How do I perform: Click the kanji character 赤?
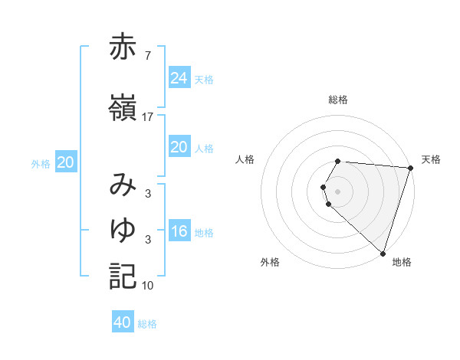pos(123,47)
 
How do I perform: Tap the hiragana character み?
pos(123,185)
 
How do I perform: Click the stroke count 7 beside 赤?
pos(147,56)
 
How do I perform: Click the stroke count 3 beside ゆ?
pos(147,240)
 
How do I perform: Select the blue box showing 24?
pos(179,77)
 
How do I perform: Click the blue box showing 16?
pos(179,231)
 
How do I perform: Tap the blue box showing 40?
pos(123,322)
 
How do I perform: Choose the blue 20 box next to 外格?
pos(66,162)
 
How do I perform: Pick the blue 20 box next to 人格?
pos(179,147)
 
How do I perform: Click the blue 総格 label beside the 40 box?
pos(148,324)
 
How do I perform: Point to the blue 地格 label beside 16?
pos(205,233)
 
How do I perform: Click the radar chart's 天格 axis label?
pos(431,159)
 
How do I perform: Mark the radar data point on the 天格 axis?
pos(410,168)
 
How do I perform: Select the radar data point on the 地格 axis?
pos(383,253)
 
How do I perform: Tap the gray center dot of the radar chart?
pos(338,191)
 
